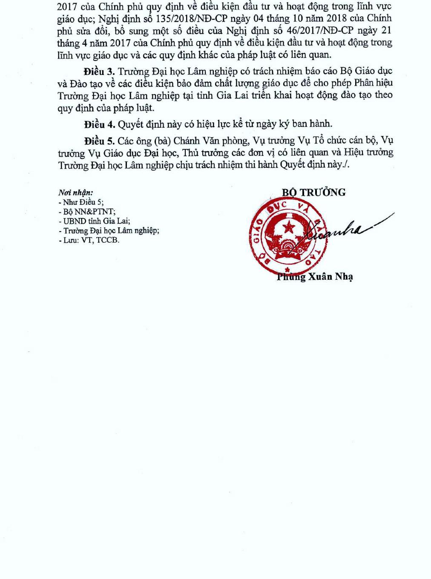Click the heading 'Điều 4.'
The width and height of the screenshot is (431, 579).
click(99, 124)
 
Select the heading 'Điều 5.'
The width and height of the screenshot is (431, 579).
click(99, 140)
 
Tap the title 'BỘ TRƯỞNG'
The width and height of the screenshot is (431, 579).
click(313, 192)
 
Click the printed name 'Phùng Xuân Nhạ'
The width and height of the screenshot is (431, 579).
click(315, 277)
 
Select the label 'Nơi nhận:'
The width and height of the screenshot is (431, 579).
click(76, 193)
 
